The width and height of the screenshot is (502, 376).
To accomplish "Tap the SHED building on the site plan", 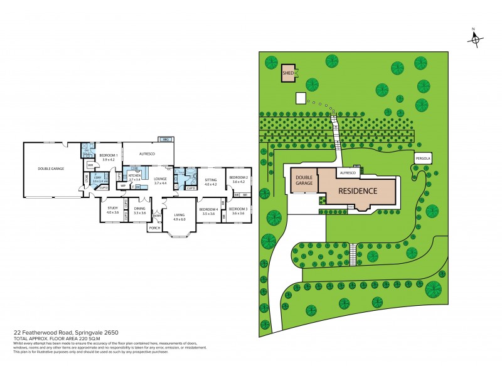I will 288,73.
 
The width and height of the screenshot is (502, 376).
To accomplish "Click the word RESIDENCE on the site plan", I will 358,191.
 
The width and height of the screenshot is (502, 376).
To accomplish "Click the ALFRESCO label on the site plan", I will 348,172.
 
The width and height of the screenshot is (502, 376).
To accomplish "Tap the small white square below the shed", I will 300,98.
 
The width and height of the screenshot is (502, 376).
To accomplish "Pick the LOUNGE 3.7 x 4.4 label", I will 160,180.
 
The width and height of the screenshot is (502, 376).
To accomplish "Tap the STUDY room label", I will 112,210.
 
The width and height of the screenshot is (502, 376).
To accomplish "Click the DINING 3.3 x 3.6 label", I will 139,211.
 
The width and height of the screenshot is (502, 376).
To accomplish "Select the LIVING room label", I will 179,217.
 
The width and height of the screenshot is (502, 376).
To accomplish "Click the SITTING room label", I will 210,182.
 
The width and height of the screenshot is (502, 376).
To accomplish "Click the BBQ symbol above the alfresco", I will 166,139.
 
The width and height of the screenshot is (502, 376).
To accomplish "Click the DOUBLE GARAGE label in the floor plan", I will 51,168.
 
